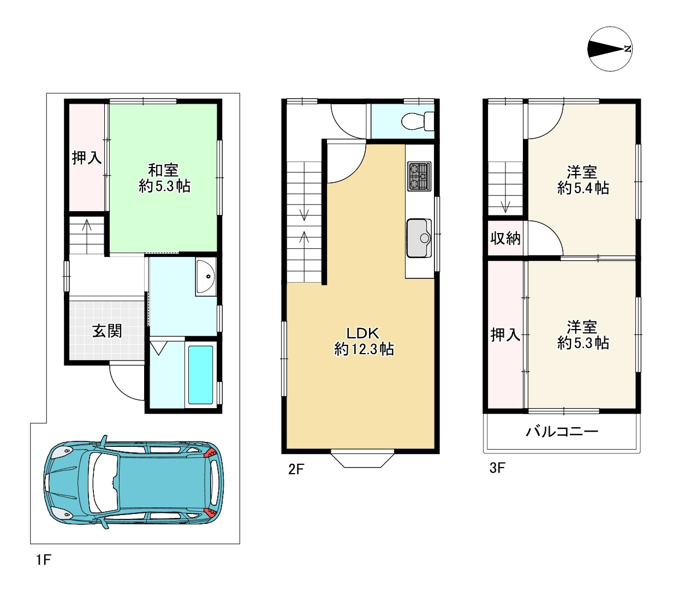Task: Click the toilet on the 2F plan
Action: click(x=417, y=121)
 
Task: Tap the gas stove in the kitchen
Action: click(x=419, y=176)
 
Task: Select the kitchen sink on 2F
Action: click(x=419, y=238)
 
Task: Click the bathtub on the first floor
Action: click(x=201, y=375)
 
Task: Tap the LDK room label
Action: click(x=363, y=332)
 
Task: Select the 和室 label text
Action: click(x=163, y=170)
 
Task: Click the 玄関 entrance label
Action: click(x=107, y=331)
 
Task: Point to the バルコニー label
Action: click(x=562, y=431)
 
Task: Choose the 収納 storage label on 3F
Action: click(x=505, y=238)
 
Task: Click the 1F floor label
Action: click(x=44, y=560)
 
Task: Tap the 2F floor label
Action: click(x=296, y=469)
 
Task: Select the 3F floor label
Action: click(x=497, y=468)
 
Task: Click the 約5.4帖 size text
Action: click(x=583, y=188)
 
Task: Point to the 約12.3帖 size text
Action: click(x=364, y=349)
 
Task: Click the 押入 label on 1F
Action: click(x=87, y=157)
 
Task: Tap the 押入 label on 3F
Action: click(x=505, y=334)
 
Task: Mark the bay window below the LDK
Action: click(x=362, y=460)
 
